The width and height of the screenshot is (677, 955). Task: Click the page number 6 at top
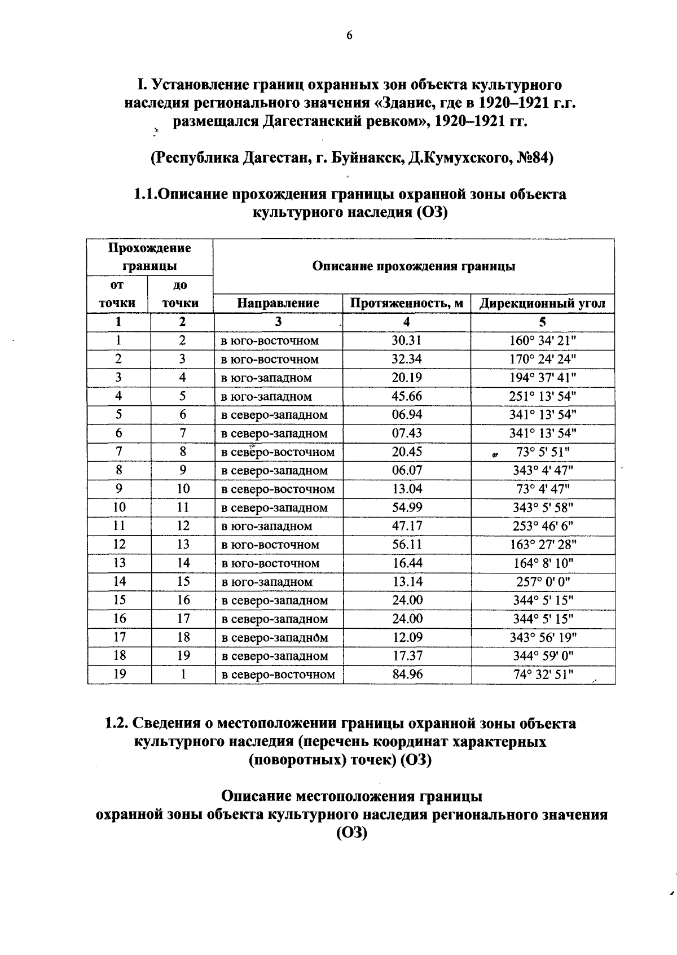[349, 36]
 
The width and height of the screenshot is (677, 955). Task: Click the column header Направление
[278, 303]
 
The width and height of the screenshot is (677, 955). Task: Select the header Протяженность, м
[406, 303]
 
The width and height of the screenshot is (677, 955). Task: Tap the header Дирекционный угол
[542, 304]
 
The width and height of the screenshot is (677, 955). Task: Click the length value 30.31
[407, 340]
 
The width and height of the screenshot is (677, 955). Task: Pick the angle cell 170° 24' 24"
[542, 359]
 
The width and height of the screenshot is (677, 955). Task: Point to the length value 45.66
[407, 396]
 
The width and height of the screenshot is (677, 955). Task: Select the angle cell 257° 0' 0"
[542, 581]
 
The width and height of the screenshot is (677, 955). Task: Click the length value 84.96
[407, 674]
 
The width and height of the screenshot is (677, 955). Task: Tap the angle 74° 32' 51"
[542, 674]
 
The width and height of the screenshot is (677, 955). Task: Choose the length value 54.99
[407, 507]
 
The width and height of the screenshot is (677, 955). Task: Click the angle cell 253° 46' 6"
[542, 526]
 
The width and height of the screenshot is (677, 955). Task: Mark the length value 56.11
[407, 545]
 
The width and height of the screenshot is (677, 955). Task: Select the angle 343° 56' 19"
[542, 637]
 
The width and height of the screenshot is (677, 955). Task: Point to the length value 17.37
[407, 656]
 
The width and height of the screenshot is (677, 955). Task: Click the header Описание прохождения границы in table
[414, 266]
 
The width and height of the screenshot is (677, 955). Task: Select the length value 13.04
[407, 489]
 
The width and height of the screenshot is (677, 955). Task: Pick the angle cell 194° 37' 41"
[542, 378]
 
